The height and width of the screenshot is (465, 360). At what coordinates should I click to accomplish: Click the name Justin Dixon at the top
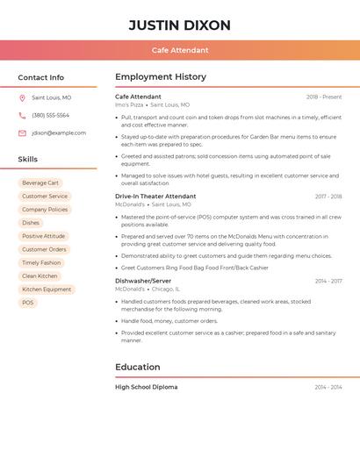click(x=179, y=25)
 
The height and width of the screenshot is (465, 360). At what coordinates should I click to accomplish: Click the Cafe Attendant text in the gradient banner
click(x=180, y=50)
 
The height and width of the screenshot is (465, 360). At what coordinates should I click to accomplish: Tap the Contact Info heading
click(x=40, y=77)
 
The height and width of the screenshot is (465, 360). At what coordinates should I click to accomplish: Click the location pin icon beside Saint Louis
click(x=22, y=98)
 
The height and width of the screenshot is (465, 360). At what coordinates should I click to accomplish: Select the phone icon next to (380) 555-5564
click(x=22, y=116)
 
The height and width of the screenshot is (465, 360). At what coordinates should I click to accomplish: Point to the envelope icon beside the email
click(x=22, y=133)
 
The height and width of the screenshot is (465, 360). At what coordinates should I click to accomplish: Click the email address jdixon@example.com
click(x=59, y=133)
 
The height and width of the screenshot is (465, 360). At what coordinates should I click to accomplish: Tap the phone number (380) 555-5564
click(x=50, y=116)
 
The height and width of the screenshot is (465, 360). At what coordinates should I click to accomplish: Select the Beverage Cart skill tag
click(x=40, y=182)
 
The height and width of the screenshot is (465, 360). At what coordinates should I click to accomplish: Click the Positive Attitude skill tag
click(x=43, y=236)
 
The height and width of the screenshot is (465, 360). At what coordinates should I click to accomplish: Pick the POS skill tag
click(x=28, y=303)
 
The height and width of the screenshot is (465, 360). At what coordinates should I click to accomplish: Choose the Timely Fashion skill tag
click(x=41, y=262)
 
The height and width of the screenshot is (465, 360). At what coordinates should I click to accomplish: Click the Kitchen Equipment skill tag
click(x=47, y=290)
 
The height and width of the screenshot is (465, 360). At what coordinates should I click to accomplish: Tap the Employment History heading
click(x=161, y=77)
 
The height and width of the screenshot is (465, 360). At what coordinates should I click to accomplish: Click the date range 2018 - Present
click(x=324, y=97)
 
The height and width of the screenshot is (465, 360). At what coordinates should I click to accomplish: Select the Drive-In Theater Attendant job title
click(x=155, y=197)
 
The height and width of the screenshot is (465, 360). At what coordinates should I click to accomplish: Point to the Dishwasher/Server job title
click(x=143, y=281)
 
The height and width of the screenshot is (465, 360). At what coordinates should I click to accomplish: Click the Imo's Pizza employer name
click(x=128, y=104)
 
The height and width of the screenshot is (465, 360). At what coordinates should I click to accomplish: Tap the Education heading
click(x=138, y=367)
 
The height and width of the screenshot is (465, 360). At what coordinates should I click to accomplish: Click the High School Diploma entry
click(x=146, y=387)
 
